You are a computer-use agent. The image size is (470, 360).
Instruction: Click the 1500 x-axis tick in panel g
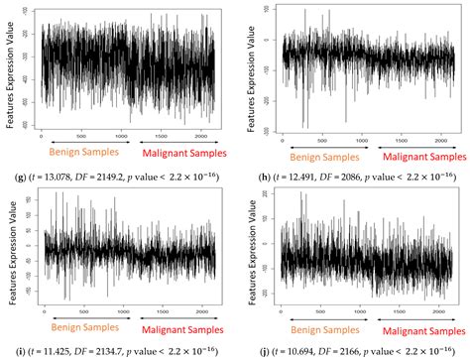(x=161, y=133)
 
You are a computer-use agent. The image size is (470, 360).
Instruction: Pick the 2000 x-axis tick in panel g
(x=202, y=133)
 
